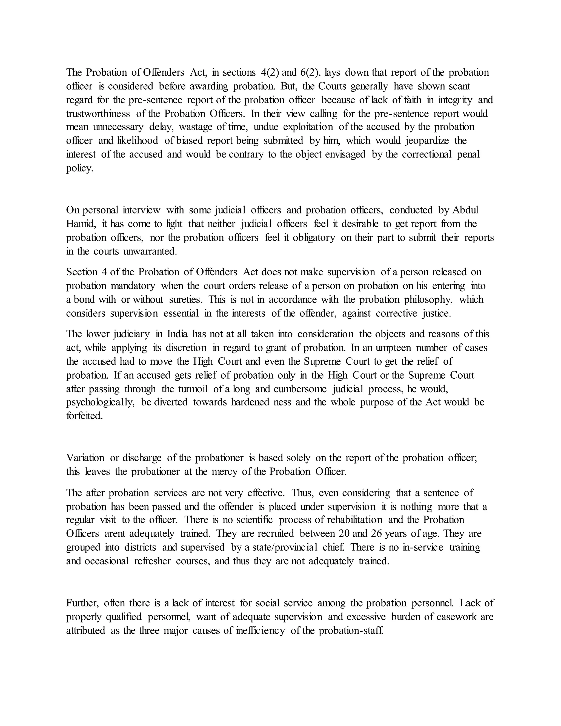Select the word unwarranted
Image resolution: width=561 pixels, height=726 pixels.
tap(150, 251)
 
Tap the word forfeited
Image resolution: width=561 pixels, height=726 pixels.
tap(84, 416)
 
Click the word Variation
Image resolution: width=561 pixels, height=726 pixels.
tap(85, 458)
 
